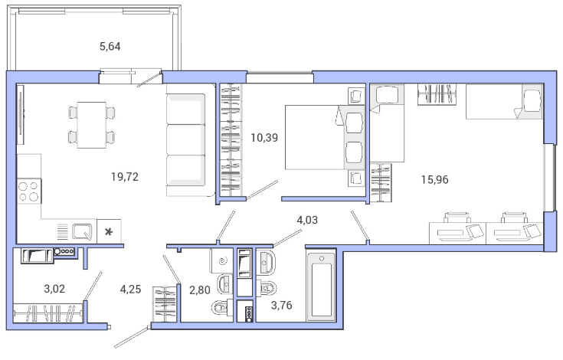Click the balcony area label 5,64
point(110,47)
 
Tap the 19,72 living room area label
point(125,177)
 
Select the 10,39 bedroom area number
point(264,137)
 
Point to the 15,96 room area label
point(435,179)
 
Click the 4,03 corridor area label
point(307,220)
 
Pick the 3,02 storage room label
point(54,289)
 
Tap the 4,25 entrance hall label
point(130,289)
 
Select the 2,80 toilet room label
point(200,290)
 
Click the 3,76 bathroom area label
point(282,306)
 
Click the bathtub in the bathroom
point(322,286)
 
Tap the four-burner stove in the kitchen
point(29,191)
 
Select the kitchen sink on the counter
point(83,231)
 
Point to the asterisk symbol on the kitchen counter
point(109,232)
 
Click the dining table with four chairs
point(92,125)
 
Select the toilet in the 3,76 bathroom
point(268,287)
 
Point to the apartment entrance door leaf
point(132,337)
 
